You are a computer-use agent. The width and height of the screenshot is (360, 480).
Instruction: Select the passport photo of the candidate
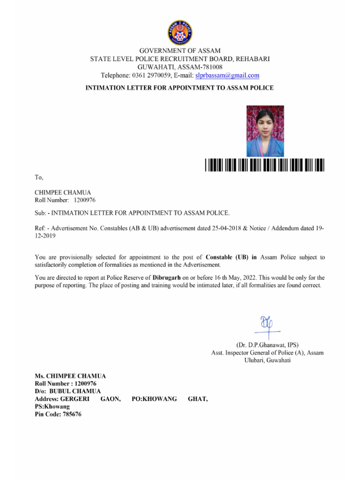[x=265, y=131]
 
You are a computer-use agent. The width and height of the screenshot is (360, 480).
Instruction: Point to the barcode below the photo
[x=264, y=165]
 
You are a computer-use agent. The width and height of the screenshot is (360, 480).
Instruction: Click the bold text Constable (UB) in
[x=232, y=257]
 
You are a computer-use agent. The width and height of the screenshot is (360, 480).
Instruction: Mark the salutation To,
[x=39, y=177]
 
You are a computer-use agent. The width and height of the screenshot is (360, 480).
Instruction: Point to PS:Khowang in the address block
[x=52, y=407]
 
